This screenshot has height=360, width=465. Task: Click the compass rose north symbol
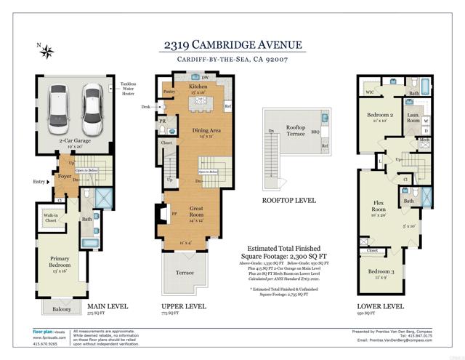point(47,51)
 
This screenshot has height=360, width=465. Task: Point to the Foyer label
point(65,176)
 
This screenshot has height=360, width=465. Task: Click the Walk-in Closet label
point(51,218)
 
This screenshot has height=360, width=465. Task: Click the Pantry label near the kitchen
point(169,92)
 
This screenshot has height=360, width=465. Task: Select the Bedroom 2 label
point(379,116)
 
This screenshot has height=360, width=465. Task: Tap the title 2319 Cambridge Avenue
point(231,45)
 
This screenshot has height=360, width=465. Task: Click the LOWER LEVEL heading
point(381,306)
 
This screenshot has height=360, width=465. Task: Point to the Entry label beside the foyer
point(38,182)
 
